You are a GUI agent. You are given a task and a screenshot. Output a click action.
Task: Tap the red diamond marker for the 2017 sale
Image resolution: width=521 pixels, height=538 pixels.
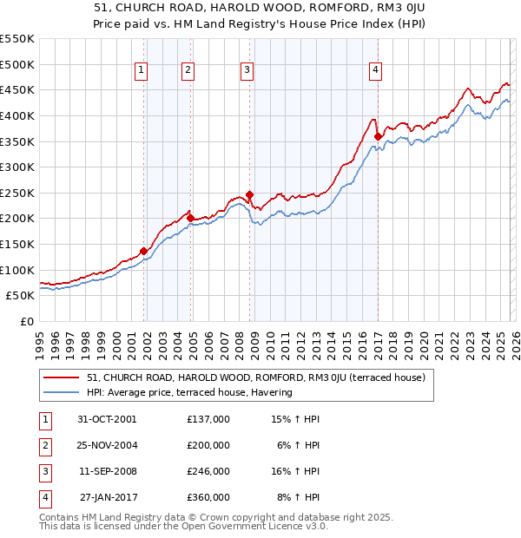379,136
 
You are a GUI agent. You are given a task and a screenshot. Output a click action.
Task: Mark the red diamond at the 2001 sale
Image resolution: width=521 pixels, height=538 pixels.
144,251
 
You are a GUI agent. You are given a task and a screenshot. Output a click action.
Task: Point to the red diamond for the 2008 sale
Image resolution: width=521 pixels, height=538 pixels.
250,194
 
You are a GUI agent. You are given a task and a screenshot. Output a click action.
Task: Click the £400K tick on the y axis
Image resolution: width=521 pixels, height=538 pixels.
17,115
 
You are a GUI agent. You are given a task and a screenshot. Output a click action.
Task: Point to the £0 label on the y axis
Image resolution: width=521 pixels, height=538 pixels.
26,321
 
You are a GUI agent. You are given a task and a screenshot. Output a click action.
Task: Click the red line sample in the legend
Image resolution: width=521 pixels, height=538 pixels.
63,377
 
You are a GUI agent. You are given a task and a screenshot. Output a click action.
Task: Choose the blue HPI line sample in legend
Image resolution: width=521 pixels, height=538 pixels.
63,392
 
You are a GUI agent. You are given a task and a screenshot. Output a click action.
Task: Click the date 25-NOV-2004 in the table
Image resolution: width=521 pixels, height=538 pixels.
109,445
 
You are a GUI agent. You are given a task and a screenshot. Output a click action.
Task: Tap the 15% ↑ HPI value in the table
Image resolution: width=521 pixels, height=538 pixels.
296,419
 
